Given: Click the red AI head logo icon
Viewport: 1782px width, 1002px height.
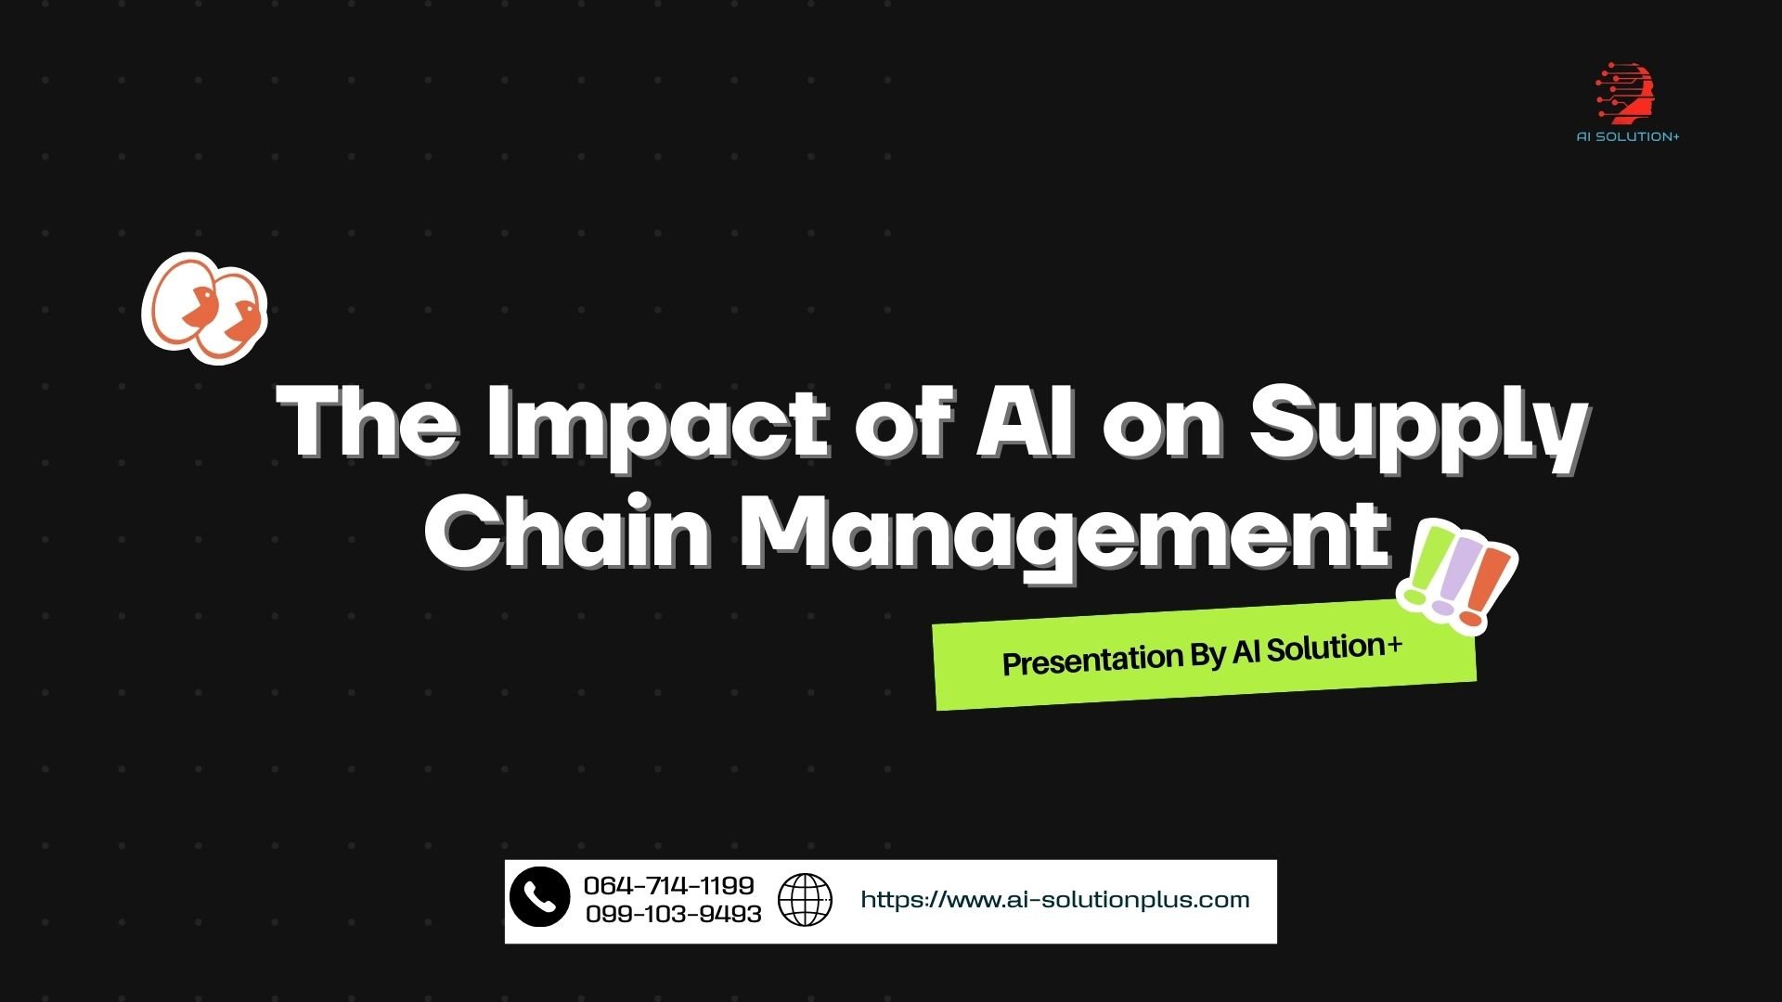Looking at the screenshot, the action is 1626,94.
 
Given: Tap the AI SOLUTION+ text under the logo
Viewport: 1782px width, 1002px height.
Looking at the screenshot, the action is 1628,137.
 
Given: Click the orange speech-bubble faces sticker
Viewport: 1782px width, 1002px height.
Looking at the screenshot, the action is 204,308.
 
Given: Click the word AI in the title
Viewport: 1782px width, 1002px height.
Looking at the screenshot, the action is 1025,422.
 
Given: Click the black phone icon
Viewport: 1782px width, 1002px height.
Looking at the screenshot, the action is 539,897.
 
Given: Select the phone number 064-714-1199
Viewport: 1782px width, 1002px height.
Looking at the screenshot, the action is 669,885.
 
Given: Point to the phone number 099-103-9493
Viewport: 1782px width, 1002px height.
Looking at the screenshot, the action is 674,915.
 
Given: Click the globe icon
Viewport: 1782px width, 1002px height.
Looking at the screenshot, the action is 805,900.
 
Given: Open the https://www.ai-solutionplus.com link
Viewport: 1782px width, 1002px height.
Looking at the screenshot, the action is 1055,900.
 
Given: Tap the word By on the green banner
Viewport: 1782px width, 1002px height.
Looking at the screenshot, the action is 1207,655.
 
